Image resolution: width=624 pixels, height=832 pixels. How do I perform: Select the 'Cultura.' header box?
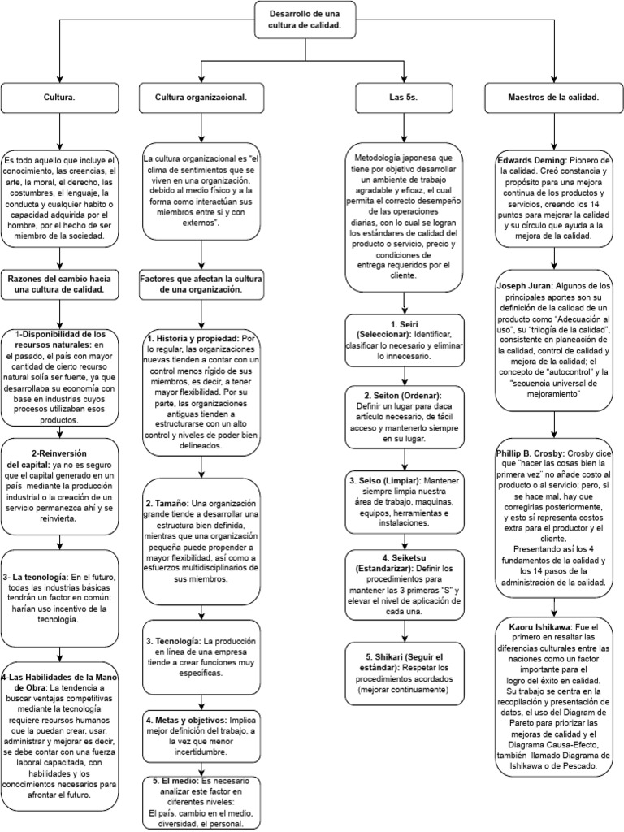coord(60,97)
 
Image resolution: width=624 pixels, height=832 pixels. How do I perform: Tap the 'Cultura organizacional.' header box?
coord(201,97)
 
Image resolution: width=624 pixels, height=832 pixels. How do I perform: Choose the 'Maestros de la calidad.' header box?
coord(552,97)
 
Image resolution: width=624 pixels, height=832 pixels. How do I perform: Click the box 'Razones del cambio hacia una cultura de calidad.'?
coord(60,284)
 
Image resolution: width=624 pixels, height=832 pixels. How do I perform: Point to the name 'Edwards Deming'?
coord(530,160)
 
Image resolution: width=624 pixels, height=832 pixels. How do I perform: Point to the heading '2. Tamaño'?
coord(170,504)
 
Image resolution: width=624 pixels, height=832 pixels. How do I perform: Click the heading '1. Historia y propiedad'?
coord(193,337)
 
